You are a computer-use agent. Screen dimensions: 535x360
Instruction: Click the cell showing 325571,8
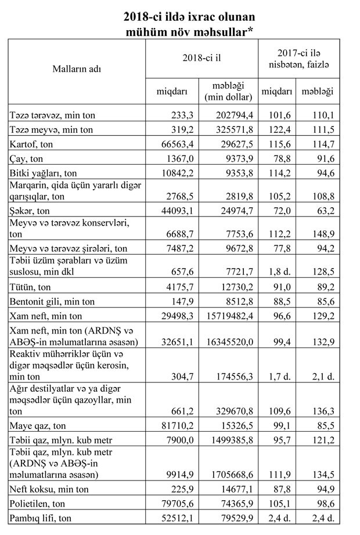pos(233,129)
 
